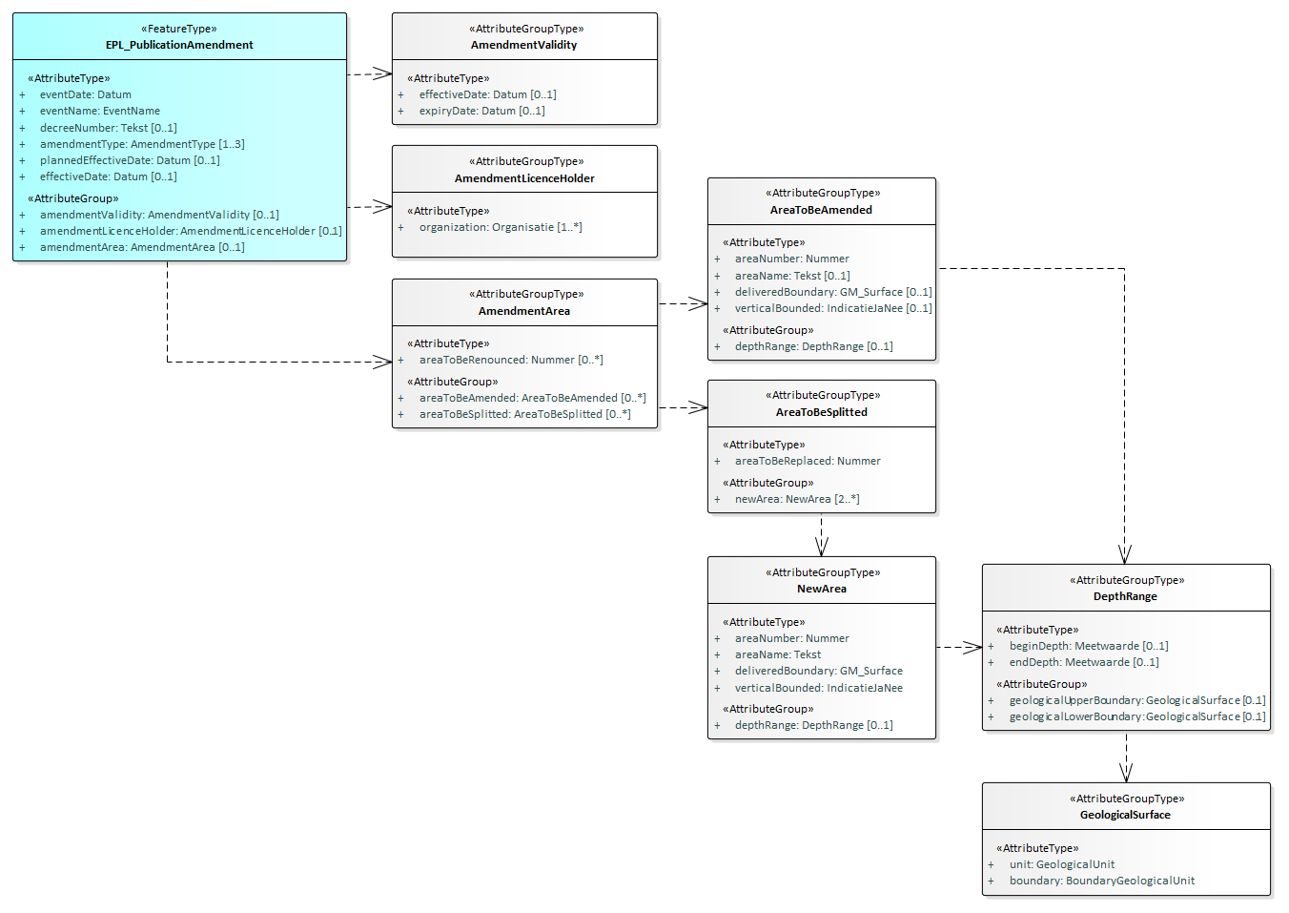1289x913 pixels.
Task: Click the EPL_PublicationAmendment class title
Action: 179,45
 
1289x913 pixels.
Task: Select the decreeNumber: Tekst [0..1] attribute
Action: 108,128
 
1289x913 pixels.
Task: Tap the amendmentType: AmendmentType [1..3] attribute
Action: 141,144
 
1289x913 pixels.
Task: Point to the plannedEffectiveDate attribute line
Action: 129,160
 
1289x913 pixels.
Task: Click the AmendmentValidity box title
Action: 523,45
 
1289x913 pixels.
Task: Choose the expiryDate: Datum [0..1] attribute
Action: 481,111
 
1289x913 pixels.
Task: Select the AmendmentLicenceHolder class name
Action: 523,178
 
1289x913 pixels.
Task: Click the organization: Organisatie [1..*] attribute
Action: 500,227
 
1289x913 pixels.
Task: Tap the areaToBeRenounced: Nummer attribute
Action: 510,360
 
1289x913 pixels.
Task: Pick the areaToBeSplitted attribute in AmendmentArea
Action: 524,414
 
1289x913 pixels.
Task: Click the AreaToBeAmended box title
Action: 821,210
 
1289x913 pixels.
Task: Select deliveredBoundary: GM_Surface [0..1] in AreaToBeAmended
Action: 832,292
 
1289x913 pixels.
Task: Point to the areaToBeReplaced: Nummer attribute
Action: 807,461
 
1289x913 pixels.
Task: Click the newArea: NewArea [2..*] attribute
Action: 796,499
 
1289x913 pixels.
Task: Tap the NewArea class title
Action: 821,589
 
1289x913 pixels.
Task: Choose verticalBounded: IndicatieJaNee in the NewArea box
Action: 818,688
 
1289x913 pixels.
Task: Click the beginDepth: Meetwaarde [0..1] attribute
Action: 1088,646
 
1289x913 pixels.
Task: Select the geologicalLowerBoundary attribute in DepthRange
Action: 1136,716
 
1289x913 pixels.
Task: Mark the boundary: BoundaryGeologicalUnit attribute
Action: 1101,881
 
